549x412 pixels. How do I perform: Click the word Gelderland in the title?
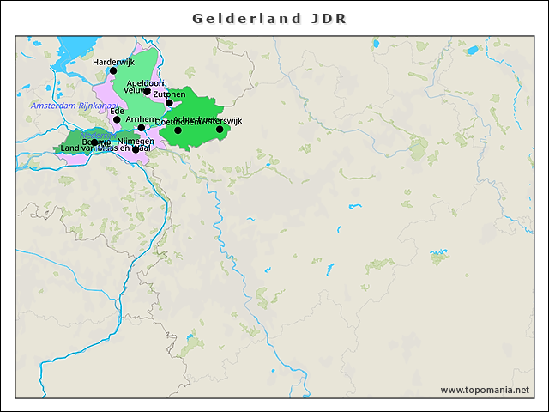coord(247,18)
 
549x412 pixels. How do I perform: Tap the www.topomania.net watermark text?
coord(485,390)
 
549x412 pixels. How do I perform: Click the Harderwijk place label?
coord(114,62)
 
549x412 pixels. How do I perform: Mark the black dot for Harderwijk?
coord(113,71)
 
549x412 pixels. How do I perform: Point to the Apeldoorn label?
coord(146,82)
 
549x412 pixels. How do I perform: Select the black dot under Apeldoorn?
coord(147,92)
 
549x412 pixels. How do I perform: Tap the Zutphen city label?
coord(169,94)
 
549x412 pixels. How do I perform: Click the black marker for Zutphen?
coord(169,103)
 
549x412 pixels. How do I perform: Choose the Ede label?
coord(117,111)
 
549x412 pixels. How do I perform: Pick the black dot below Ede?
coord(117,120)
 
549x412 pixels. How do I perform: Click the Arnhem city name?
coord(141,119)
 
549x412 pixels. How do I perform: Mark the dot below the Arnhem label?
coord(142,128)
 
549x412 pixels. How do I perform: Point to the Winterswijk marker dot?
coord(220,130)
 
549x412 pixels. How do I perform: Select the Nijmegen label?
coord(136,140)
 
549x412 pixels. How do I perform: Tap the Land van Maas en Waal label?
coord(106,148)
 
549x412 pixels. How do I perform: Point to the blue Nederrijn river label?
coord(94,135)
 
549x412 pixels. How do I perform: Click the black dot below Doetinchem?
coord(178,130)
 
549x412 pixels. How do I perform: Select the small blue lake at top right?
coord(472,51)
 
